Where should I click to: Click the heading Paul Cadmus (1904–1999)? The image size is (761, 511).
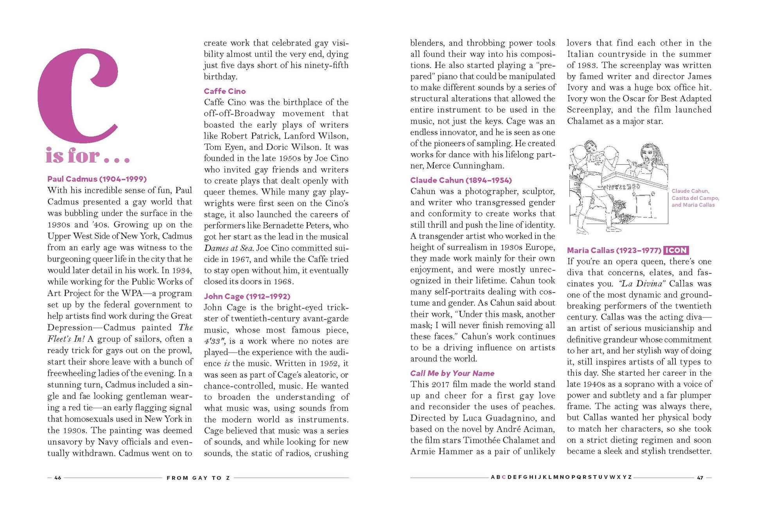[97, 179]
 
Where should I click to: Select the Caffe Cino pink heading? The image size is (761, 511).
[224, 91]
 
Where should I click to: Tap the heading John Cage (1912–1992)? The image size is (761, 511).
[247, 296]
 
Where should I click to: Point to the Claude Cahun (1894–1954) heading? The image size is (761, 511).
[461, 180]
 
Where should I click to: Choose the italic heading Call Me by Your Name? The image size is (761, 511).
[452, 373]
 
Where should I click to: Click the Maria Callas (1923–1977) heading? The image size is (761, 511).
[614, 250]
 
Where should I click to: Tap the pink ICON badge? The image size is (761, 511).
[676, 250]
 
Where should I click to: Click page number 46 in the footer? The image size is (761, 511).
[58, 478]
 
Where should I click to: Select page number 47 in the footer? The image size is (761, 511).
[700, 478]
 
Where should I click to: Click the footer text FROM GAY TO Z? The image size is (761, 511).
[199, 478]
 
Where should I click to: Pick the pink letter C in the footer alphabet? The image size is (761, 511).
[504, 477]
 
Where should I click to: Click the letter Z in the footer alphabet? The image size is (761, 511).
[630, 477]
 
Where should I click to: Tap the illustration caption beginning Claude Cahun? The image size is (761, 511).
[695, 198]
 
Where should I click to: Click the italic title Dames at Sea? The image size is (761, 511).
[228, 248]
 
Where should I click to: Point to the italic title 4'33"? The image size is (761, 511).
[214, 341]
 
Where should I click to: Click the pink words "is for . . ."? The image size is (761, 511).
[87, 156]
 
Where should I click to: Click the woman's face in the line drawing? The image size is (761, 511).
[648, 156]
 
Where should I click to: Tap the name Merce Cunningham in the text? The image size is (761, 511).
[465, 166]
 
